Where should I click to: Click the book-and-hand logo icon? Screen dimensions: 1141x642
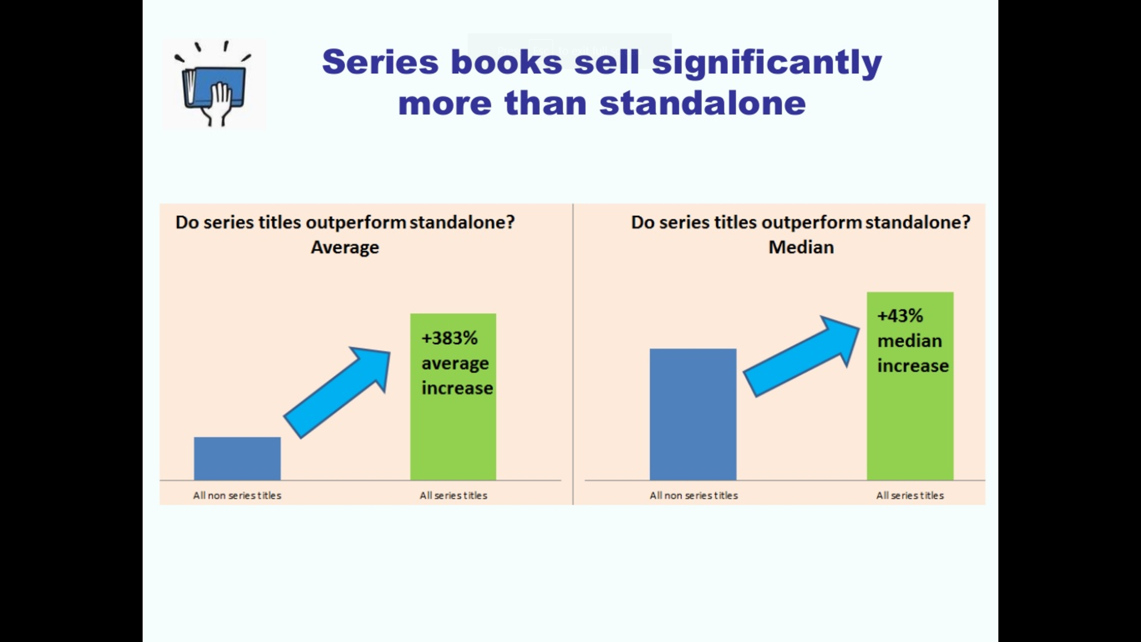point(213,84)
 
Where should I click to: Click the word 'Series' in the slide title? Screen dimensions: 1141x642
point(380,61)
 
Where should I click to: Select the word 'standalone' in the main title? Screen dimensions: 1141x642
point(702,103)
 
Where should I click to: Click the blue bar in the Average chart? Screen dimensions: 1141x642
point(237,458)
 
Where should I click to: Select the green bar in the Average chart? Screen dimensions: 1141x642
point(453,396)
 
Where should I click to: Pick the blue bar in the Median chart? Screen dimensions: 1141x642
point(693,414)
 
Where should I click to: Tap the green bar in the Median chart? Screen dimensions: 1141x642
point(910,386)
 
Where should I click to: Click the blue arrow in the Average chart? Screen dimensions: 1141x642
point(337,393)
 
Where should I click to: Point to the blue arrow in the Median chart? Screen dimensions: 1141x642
point(802,356)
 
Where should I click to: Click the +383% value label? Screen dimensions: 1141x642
point(449,338)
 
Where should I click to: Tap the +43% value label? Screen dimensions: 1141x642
point(900,315)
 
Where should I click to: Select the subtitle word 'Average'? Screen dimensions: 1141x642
point(345,247)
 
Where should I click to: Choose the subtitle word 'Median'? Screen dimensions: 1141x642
point(801,247)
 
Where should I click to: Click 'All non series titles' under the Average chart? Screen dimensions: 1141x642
point(237,495)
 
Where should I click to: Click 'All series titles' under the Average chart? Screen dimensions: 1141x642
point(453,495)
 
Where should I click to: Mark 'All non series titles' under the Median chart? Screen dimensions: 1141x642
point(694,495)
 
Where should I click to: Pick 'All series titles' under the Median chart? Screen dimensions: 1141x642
point(910,495)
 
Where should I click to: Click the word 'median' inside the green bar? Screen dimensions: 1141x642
point(910,341)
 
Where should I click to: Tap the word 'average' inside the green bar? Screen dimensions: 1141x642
point(455,363)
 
